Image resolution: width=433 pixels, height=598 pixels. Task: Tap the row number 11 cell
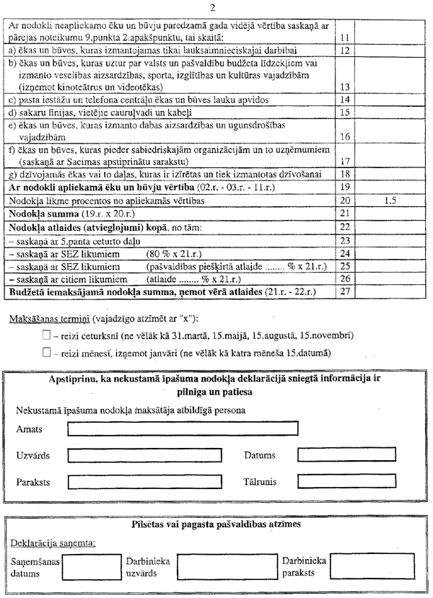(344, 37)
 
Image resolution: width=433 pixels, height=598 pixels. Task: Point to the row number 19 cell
(344, 188)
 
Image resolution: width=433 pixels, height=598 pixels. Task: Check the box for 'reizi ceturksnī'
(47, 335)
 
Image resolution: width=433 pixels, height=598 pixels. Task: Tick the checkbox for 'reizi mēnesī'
(47, 353)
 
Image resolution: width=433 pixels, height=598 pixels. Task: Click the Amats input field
(182, 428)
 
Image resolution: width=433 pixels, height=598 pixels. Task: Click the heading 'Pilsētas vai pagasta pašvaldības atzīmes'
(216, 524)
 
